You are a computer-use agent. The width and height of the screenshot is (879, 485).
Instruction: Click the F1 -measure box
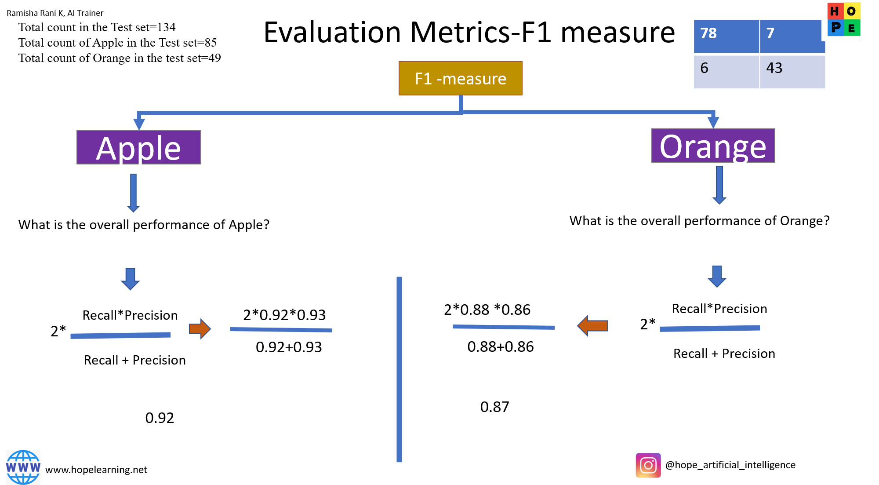click(x=460, y=78)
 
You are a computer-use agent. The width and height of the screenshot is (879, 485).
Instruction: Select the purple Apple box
click(x=138, y=147)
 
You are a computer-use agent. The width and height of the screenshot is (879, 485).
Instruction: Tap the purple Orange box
click(x=713, y=146)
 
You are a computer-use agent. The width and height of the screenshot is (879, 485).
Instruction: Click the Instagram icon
click(x=648, y=465)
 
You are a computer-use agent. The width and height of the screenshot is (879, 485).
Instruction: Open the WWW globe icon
click(x=23, y=467)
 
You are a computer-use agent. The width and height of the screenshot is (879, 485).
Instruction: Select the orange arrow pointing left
click(x=592, y=326)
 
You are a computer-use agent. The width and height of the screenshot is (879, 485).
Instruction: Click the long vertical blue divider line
click(x=399, y=369)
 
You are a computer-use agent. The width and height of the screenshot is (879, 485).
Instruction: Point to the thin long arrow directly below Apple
click(x=133, y=193)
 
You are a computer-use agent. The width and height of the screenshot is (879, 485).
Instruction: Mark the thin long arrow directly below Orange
click(x=719, y=185)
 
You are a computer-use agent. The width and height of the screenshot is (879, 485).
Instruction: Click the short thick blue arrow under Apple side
click(x=130, y=279)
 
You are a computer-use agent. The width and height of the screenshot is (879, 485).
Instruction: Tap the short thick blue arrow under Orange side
click(x=717, y=276)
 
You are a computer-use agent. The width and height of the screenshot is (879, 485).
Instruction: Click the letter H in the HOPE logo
click(x=835, y=11)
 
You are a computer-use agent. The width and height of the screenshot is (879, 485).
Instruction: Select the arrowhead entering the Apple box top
click(x=139, y=123)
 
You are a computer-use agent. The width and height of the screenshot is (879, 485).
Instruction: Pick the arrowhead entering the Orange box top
click(x=713, y=122)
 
